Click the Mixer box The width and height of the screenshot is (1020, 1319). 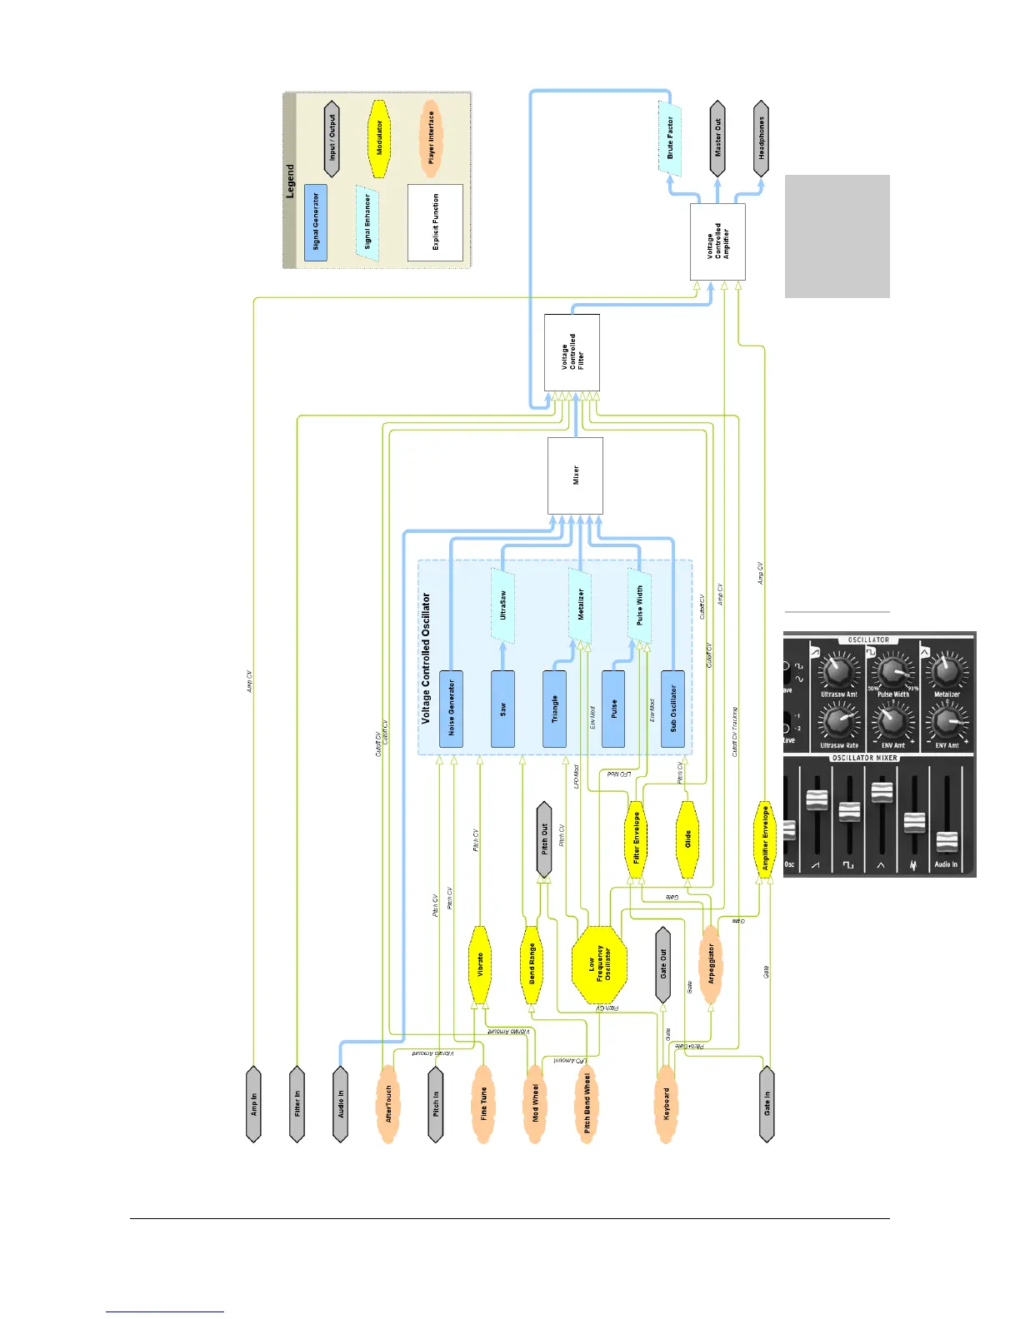(x=575, y=475)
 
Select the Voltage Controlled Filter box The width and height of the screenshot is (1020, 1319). (x=572, y=352)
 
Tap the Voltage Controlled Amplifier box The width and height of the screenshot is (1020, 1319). (x=717, y=241)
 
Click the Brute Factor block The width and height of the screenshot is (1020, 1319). (x=671, y=138)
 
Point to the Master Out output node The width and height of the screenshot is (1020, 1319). (x=717, y=138)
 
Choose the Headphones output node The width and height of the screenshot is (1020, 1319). (x=761, y=138)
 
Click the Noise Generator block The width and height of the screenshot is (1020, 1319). (x=451, y=709)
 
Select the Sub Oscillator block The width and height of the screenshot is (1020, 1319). (x=672, y=709)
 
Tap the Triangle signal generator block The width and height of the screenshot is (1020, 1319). (x=554, y=709)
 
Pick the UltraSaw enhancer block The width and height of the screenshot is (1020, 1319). (x=502, y=606)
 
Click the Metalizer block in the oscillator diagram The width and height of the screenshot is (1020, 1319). (x=580, y=605)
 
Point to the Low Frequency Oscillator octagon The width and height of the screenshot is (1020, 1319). (x=599, y=964)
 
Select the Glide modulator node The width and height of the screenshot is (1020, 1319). (x=687, y=839)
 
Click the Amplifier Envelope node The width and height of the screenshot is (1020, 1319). (x=765, y=839)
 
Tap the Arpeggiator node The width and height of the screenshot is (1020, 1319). (x=711, y=964)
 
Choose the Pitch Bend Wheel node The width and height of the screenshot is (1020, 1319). (x=587, y=1103)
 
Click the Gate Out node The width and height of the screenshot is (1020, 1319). (x=663, y=964)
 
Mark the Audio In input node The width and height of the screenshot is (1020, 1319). (x=340, y=1103)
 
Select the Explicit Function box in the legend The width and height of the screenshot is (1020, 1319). (x=435, y=222)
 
